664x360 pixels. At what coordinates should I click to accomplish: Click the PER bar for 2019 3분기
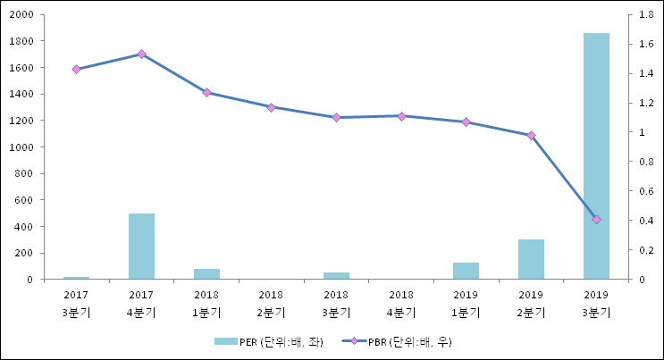pyautogui.click(x=596, y=156)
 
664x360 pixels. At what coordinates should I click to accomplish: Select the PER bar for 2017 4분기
pyautogui.click(x=141, y=247)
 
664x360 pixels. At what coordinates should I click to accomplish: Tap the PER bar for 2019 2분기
pyautogui.click(x=531, y=259)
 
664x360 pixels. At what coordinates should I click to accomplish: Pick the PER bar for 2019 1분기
pyautogui.click(x=466, y=271)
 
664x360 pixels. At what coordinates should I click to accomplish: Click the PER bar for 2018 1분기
pyautogui.click(x=206, y=273)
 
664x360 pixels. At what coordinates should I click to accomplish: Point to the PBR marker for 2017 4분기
pyautogui.click(x=141, y=54)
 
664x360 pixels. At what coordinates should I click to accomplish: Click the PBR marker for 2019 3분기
pyautogui.click(x=596, y=220)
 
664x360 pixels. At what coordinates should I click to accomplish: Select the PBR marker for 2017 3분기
pyautogui.click(x=76, y=69)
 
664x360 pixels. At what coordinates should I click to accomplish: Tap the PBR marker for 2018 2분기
pyautogui.click(x=271, y=107)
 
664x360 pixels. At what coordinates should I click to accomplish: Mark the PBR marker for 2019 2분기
pyautogui.click(x=531, y=136)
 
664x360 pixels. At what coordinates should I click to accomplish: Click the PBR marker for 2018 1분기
pyautogui.click(x=206, y=93)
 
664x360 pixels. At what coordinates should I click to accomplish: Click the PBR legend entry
pyautogui.click(x=407, y=341)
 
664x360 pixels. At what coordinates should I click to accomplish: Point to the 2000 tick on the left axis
pyautogui.click(x=22, y=15)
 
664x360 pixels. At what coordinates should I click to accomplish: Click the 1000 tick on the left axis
pyautogui.click(x=22, y=147)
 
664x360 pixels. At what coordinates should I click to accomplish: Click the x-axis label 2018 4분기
pyautogui.click(x=401, y=303)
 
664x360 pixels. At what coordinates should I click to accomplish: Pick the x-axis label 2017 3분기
pyautogui.click(x=76, y=303)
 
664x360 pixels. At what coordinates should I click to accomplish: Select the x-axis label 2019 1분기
pyautogui.click(x=466, y=303)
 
